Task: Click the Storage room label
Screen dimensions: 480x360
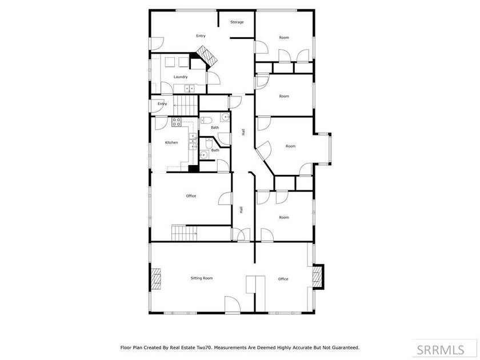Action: pos(237,22)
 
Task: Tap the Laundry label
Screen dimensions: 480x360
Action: pos(181,77)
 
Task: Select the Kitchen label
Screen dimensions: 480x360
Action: pos(171,142)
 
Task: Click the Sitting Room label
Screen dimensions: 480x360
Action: pos(201,278)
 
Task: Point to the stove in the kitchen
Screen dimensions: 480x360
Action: pos(177,122)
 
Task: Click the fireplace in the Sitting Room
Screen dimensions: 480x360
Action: pos(156,279)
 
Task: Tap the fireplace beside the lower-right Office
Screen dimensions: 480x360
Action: pos(318,276)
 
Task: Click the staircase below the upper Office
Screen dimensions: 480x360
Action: pos(183,233)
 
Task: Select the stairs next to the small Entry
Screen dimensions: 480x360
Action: pos(186,105)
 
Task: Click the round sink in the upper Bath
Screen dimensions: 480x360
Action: pos(225,117)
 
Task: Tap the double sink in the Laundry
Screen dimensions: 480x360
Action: pos(189,89)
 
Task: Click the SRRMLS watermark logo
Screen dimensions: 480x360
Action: pos(440,350)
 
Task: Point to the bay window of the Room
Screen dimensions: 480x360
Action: pos(329,149)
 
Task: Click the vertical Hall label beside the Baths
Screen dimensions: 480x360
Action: pos(243,132)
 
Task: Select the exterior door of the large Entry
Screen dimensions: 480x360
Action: pos(157,44)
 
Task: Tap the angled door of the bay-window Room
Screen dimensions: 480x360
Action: pos(263,150)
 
